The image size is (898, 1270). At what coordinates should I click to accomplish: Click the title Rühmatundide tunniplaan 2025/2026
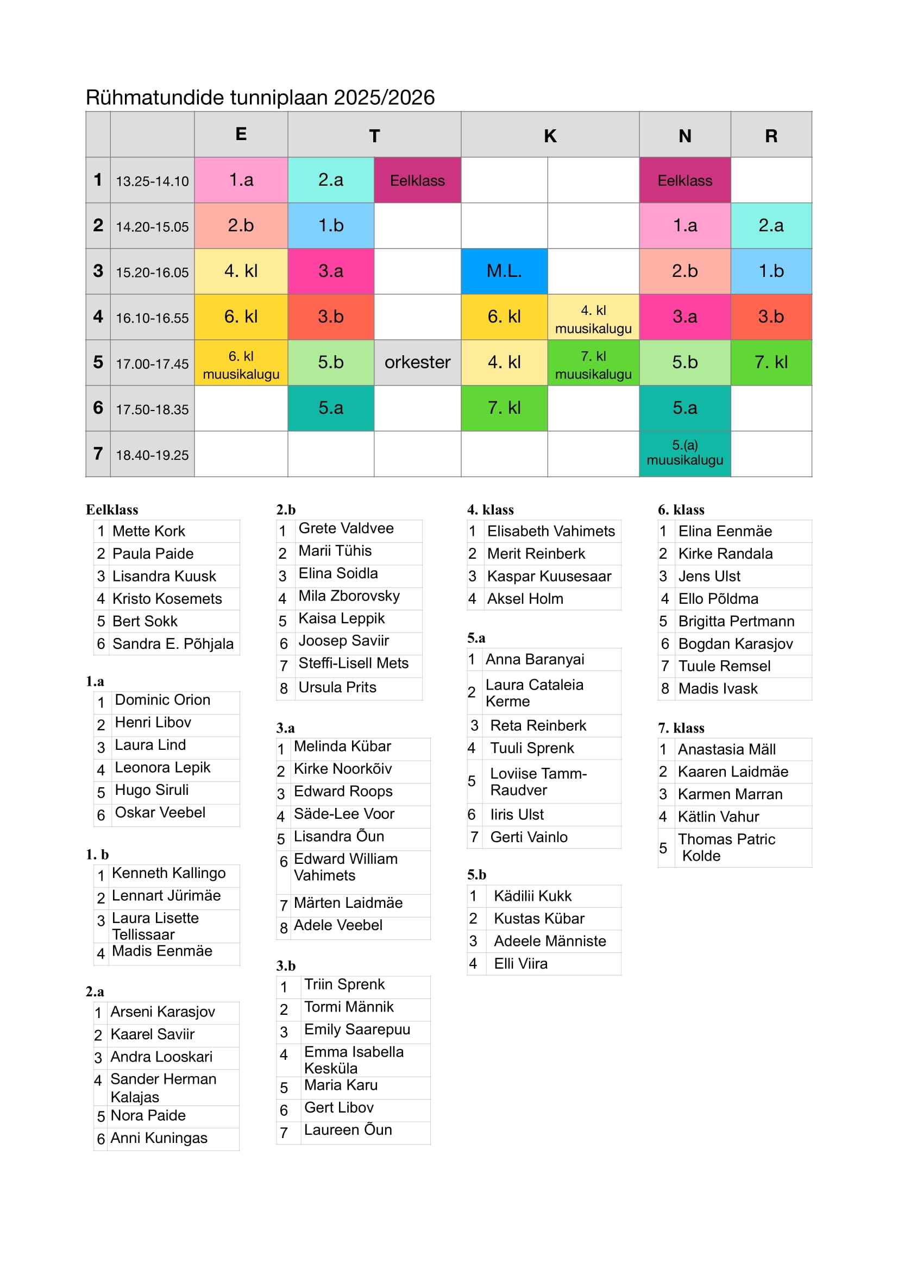[260, 97]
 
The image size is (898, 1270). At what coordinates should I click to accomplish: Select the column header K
[549, 136]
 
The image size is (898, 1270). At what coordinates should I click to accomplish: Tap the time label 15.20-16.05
[152, 272]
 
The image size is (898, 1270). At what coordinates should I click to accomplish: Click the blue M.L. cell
[504, 271]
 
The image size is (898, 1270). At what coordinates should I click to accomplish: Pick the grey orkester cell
[417, 362]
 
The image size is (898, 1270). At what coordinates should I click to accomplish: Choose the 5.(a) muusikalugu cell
[685, 453]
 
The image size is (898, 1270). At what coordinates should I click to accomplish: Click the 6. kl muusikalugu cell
[241, 365]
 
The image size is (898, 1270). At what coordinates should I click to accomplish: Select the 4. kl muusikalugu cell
[593, 319]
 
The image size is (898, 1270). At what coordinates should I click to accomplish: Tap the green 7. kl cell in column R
[771, 362]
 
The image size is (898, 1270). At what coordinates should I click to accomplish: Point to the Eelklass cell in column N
[685, 180]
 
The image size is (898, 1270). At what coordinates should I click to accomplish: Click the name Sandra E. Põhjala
[173, 644]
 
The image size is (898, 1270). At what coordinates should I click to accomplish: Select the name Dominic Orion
[162, 700]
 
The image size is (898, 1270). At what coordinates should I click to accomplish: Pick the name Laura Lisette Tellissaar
[155, 926]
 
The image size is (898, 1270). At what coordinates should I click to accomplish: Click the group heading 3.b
[286, 966]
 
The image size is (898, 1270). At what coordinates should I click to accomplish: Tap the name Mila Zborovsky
[349, 596]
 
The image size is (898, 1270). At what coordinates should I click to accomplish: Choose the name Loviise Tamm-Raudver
[538, 781]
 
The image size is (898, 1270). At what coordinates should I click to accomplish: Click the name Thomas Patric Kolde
[726, 848]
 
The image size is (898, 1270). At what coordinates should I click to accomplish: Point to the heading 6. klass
[681, 510]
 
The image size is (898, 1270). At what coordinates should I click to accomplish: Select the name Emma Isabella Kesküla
[354, 1060]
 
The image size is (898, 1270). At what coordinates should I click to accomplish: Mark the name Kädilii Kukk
[532, 896]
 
